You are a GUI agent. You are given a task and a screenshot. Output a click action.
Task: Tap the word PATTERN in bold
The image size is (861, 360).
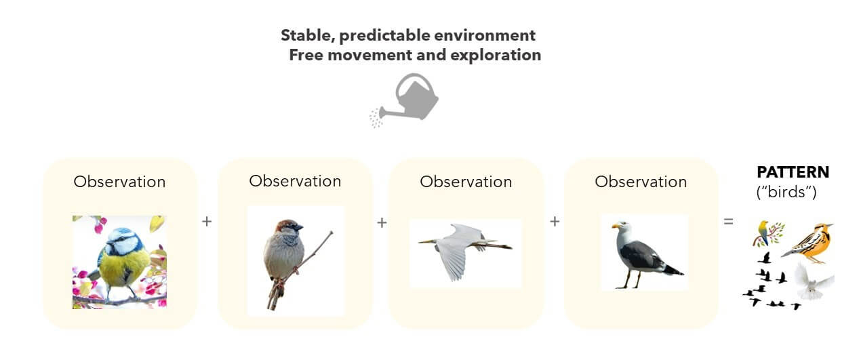793,172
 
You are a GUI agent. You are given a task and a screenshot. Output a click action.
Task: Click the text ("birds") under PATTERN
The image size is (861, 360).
786,192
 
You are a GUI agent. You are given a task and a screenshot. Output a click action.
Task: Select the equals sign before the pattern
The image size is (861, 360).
728,222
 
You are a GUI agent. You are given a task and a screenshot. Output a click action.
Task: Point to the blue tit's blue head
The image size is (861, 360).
122,239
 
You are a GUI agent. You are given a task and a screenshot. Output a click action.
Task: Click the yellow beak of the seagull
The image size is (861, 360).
616,226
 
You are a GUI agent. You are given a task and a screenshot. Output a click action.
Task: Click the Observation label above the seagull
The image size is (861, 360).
641,182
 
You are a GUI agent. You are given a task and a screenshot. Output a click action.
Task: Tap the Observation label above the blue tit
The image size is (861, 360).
119,182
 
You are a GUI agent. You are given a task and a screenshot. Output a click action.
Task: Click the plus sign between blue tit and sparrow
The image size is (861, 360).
207,221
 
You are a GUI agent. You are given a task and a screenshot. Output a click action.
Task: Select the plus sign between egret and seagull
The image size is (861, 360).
555,221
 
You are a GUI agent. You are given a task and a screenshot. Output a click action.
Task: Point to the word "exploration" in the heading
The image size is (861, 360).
496,55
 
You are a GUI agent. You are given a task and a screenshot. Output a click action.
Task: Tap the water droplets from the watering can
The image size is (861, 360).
376,119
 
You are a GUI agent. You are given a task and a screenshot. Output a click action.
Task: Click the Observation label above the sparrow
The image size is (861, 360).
295,181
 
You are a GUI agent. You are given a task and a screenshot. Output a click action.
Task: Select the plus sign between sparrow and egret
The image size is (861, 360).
382,222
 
